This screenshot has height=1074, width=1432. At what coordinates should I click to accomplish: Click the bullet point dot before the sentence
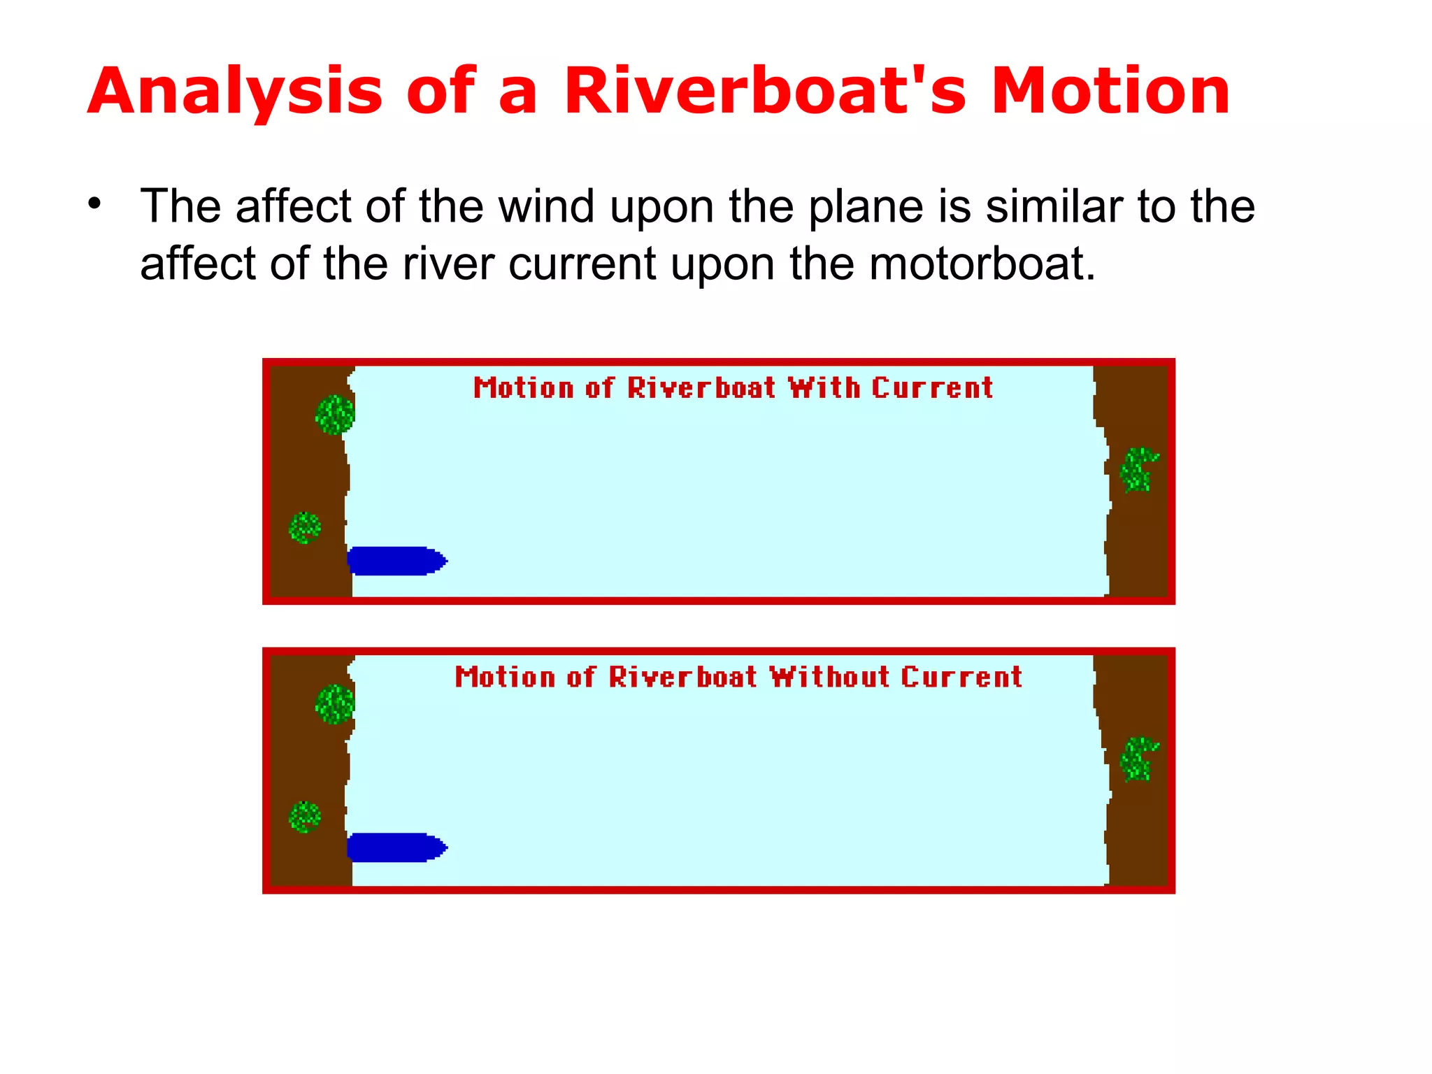click(95, 204)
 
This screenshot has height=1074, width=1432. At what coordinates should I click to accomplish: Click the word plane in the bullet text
click(866, 208)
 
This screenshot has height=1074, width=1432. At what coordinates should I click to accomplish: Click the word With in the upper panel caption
click(824, 388)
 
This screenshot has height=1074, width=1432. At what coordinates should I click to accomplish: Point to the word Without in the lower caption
click(830, 677)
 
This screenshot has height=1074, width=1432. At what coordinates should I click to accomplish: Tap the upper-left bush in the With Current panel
click(335, 415)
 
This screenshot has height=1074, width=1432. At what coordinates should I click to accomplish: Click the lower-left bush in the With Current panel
click(305, 527)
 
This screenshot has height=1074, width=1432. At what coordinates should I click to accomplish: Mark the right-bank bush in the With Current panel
click(1138, 470)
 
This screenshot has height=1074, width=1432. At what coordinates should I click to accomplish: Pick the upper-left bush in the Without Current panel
click(335, 704)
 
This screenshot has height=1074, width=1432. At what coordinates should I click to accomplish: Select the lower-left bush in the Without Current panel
click(305, 817)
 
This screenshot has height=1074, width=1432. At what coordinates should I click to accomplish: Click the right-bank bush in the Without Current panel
click(1138, 759)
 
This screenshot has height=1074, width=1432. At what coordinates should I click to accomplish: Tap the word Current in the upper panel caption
click(932, 388)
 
